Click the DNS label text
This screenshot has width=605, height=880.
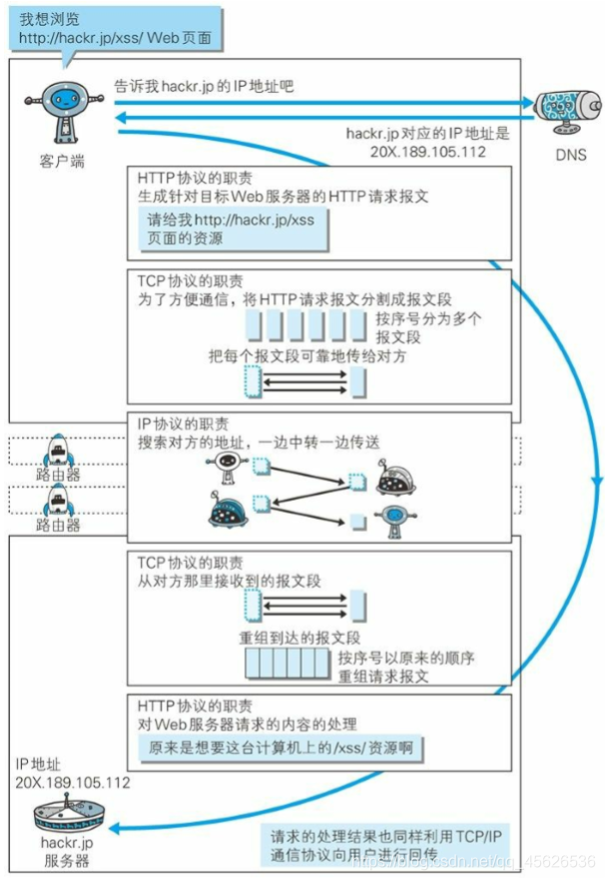pos(570,155)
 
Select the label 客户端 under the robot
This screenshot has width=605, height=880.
pos(62,161)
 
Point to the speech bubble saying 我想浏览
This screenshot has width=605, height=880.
pos(116,29)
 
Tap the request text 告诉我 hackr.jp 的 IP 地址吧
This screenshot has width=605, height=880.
pos(204,86)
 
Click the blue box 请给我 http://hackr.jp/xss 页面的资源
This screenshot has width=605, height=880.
pos(232,229)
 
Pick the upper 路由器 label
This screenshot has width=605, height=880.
pos(58,475)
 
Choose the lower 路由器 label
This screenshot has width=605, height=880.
pos(58,524)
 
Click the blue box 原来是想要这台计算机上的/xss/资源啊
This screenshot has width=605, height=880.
pos(280,747)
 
